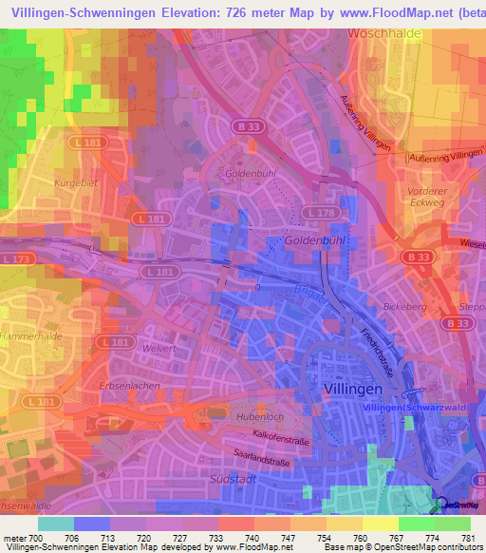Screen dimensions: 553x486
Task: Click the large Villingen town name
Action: [349, 391]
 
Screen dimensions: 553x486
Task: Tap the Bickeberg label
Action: [405, 309]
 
